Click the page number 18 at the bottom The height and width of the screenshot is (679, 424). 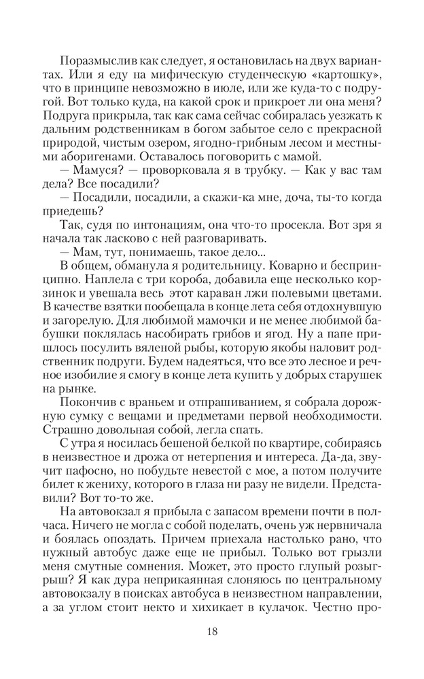tap(211, 631)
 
